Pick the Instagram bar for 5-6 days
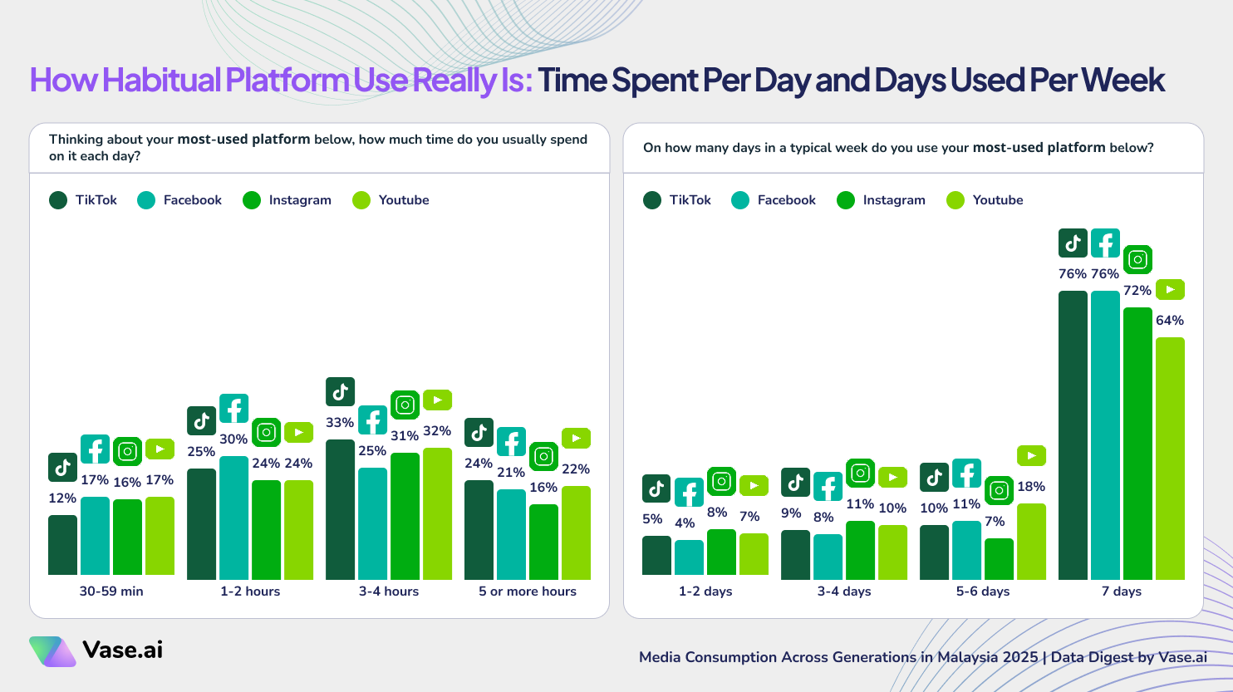point(999,559)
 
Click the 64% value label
point(1170,321)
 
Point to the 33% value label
point(340,423)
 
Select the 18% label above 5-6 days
point(1031,487)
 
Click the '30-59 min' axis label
point(111,591)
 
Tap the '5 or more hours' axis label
point(527,591)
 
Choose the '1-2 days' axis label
point(705,591)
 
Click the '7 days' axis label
point(1121,591)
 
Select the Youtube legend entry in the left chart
point(391,200)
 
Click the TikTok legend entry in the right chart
point(677,200)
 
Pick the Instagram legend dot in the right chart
point(846,200)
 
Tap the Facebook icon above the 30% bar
point(233,409)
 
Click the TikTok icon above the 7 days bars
point(1073,243)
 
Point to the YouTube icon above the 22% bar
point(576,438)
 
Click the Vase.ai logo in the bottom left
point(96,650)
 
